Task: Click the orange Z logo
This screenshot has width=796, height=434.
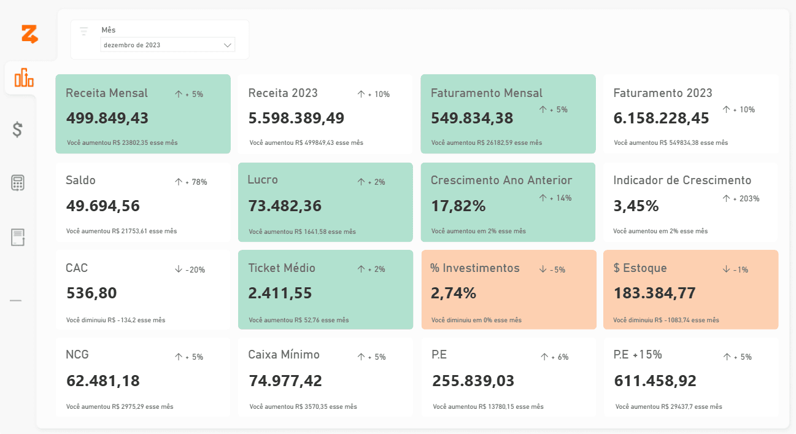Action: pyautogui.click(x=30, y=34)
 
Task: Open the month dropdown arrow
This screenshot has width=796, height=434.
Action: pyautogui.click(x=228, y=45)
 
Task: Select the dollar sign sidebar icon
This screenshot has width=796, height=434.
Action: pyautogui.click(x=17, y=130)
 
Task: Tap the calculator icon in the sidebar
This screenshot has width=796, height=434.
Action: pyautogui.click(x=17, y=183)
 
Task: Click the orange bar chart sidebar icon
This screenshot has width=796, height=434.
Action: pyautogui.click(x=24, y=77)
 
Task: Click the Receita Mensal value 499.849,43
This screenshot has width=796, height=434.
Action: pyautogui.click(x=107, y=118)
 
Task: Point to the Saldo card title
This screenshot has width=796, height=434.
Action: pyautogui.click(x=80, y=180)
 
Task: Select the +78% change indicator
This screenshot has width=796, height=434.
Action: pyautogui.click(x=191, y=182)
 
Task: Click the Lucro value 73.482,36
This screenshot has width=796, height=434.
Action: pyautogui.click(x=285, y=206)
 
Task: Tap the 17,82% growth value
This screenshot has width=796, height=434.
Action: pyautogui.click(x=458, y=206)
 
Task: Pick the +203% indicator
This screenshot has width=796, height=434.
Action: pyautogui.click(x=741, y=198)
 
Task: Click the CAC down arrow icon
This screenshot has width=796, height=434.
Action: pyautogui.click(x=179, y=269)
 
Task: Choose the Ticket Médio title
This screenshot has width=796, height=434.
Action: pyautogui.click(x=282, y=268)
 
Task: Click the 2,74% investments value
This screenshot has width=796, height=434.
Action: pyautogui.click(x=454, y=293)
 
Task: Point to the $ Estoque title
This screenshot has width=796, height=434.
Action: pyautogui.click(x=640, y=268)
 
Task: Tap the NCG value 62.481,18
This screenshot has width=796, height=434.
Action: pyautogui.click(x=103, y=381)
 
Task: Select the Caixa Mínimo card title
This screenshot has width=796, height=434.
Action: pyautogui.click(x=284, y=355)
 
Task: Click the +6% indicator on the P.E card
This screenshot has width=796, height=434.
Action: pyautogui.click(x=554, y=357)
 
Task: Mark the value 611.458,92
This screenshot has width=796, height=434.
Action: pyautogui.click(x=655, y=381)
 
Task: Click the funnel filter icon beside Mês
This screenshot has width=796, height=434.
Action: pyautogui.click(x=84, y=31)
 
